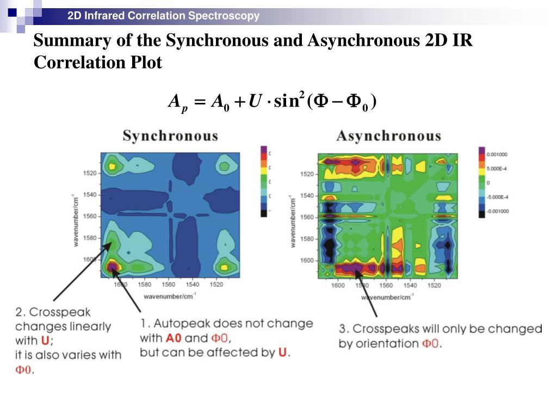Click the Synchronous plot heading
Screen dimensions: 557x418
[170, 136]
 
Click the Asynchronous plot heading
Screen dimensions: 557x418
[388, 136]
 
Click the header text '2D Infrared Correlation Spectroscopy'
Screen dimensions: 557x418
[163, 16]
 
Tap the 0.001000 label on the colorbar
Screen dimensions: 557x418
[497, 154]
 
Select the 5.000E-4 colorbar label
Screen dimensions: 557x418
[498, 168]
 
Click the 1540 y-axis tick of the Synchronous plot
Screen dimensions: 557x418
[90, 195]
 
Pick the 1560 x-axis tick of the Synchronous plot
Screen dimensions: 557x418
[169, 285]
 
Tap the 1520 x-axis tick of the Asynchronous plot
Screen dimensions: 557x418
[434, 286]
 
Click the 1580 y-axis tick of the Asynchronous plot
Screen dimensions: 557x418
[307, 239]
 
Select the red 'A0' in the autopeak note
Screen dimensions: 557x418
[174, 338]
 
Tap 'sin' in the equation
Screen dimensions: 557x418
[287, 101]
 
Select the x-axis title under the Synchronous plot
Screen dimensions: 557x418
[170, 296]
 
